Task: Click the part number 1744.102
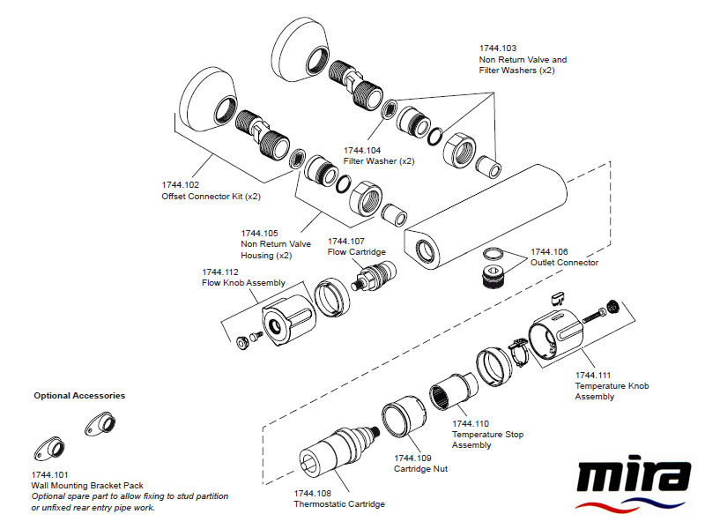(181, 184)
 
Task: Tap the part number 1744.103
(498, 48)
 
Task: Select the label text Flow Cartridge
(357, 252)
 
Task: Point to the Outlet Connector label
(564, 263)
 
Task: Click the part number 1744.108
(313, 493)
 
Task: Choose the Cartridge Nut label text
(420, 469)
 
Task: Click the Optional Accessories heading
(79, 396)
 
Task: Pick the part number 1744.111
(594, 375)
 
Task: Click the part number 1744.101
(48, 473)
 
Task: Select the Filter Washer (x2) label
(378, 161)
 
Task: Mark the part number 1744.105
(260, 233)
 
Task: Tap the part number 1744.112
(221, 272)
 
